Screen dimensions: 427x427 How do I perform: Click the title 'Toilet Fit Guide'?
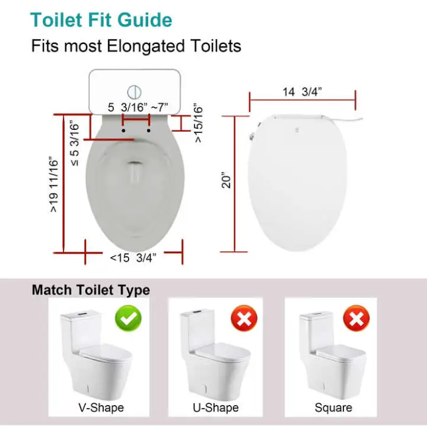101,20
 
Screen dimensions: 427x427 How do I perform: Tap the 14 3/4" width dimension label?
303,91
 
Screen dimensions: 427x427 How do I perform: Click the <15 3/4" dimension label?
134,257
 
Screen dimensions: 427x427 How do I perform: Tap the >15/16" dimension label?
199,122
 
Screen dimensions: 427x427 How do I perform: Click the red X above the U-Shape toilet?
244,318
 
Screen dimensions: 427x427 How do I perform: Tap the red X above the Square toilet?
355,318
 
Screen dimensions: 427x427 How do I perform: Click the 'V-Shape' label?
101,407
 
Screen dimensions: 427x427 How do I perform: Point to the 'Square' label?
333,407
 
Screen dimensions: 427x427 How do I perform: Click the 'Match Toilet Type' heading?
91,290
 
